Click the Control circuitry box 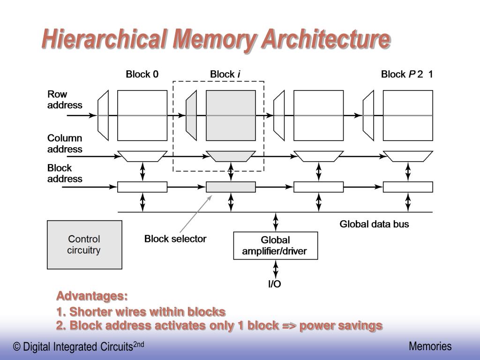84,245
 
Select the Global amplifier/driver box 275,245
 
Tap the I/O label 275,284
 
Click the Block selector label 175,239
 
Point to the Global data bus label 374,224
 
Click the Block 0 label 142,74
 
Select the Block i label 225,74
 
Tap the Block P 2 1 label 407,74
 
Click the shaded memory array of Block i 231,115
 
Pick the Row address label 65,100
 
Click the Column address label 65,143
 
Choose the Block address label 65,173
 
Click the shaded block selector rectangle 231,187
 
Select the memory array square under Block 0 142,115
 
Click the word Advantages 92,296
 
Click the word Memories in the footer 430,346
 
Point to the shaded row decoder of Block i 191,115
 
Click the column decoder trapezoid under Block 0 142,156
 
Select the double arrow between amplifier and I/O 276,269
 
